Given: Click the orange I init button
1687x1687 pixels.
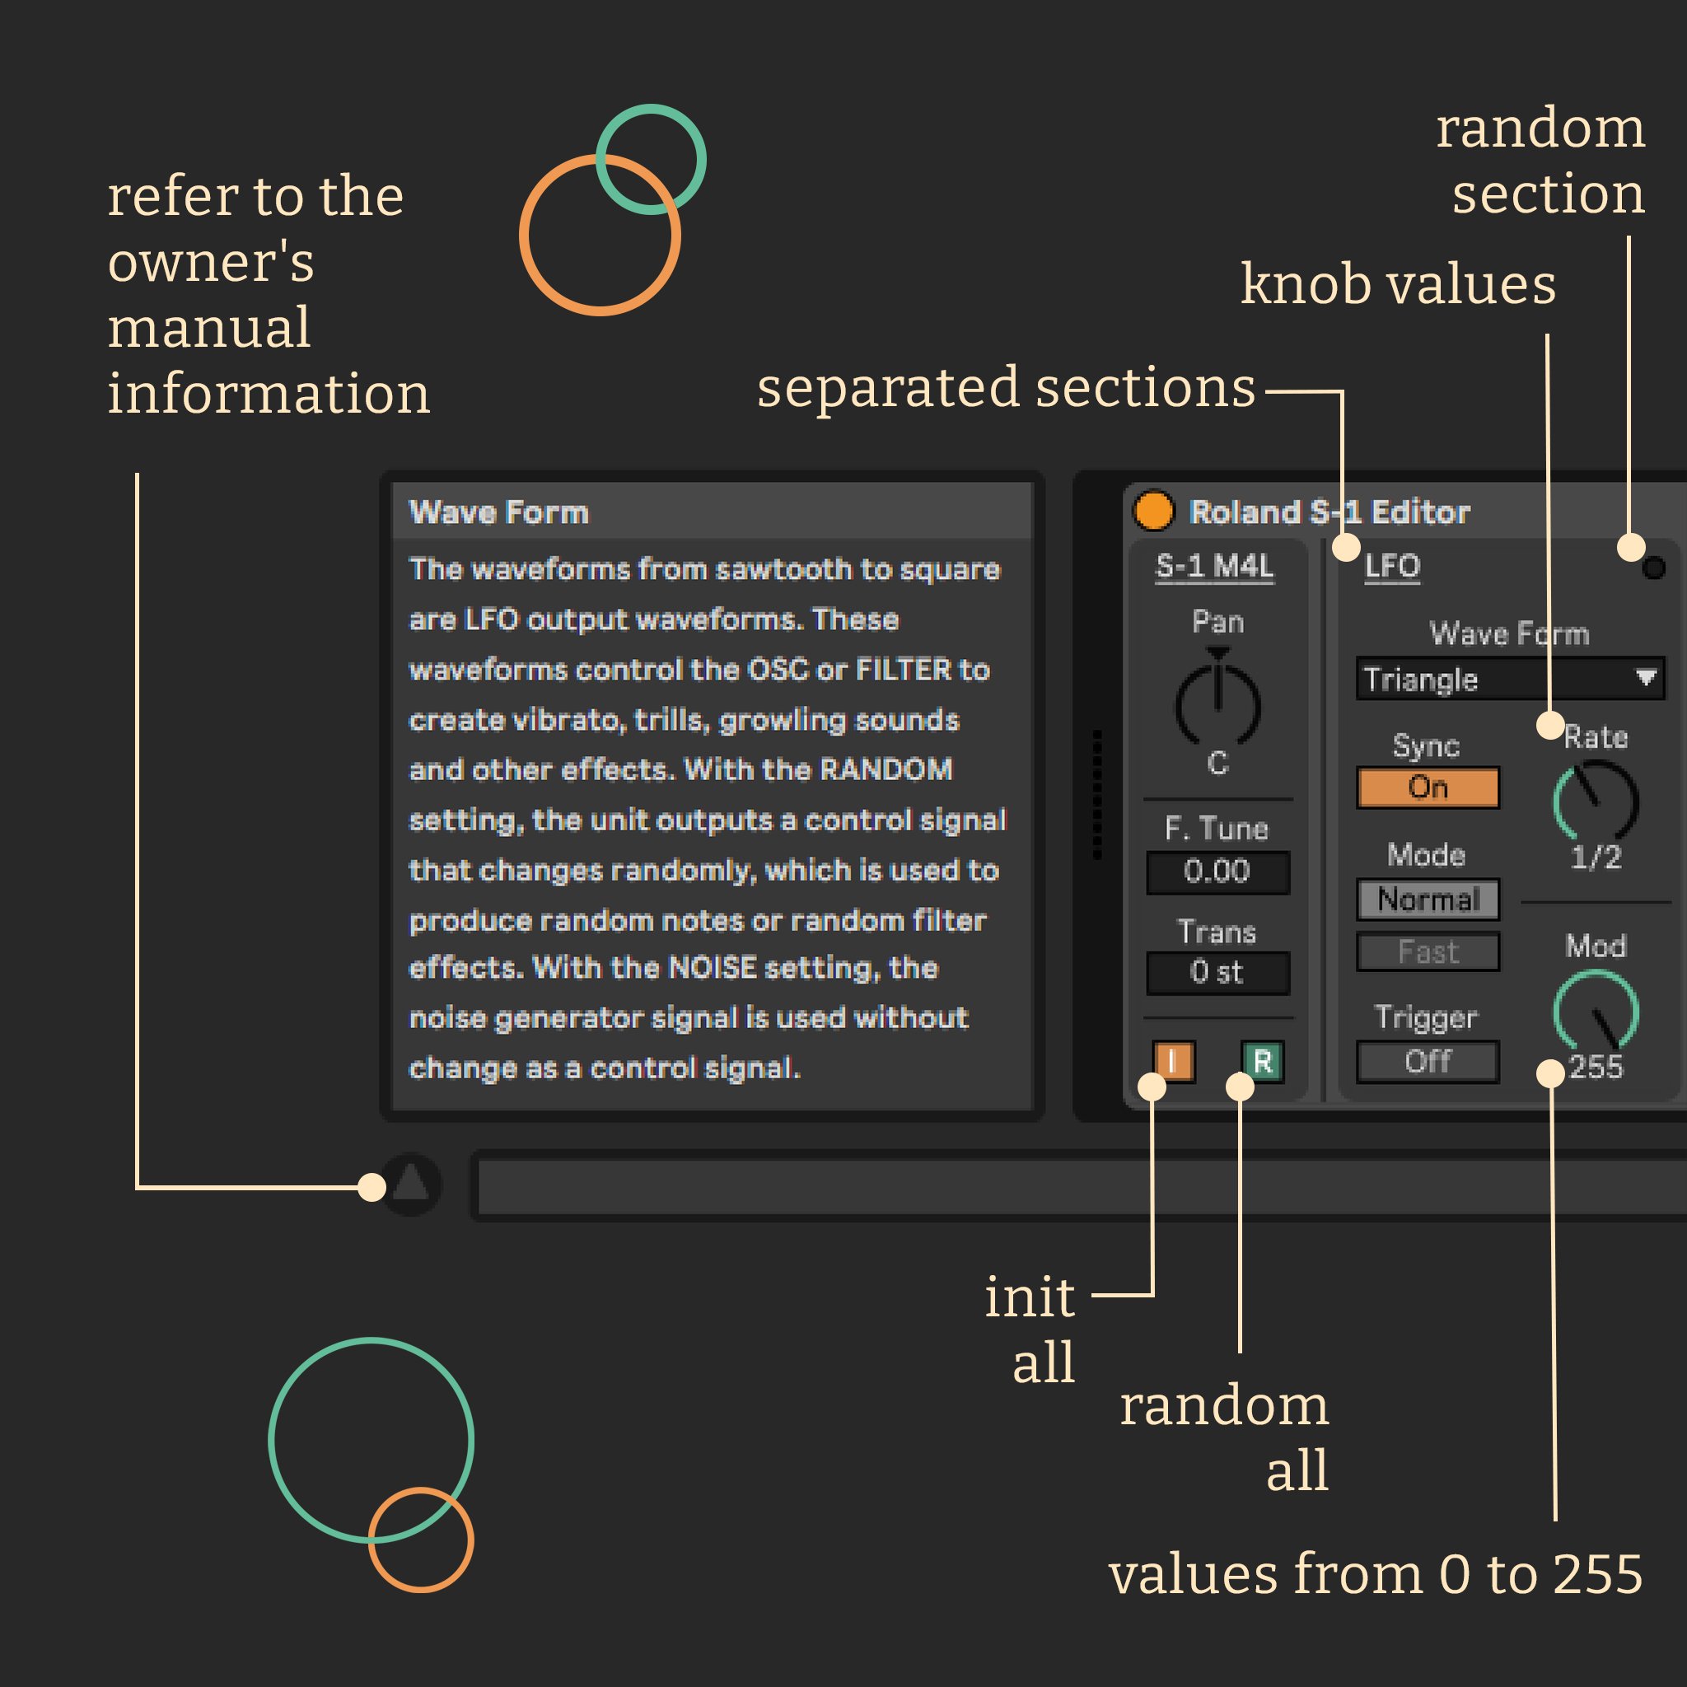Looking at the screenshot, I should [1174, 1062].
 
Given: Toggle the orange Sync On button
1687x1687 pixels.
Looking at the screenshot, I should [1428, 787].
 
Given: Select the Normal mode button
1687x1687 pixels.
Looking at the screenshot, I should [1428, 900].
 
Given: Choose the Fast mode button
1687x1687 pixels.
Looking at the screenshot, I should [1428, 951].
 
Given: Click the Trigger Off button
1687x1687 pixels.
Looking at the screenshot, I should [1428, 1062].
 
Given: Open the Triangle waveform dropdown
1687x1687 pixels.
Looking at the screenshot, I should [1511, 680].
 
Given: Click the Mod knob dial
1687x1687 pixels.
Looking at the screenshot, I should [1596, 1012].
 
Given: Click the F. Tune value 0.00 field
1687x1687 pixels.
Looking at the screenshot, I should [1218, 872].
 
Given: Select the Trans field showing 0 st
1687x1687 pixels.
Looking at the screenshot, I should [1218, 972].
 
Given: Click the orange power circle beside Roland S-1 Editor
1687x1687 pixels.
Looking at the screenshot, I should [1153, 511].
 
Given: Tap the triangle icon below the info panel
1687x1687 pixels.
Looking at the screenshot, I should [410, 1184].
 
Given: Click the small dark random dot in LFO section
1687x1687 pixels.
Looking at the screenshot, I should [1653, 568].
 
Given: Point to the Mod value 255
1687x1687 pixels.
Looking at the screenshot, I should [1596, 1067].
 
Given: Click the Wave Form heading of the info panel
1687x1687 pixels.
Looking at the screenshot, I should [499, 512].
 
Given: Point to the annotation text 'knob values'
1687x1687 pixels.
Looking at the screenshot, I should [1398, 285].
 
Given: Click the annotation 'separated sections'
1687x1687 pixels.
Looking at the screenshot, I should [1006, 388].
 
